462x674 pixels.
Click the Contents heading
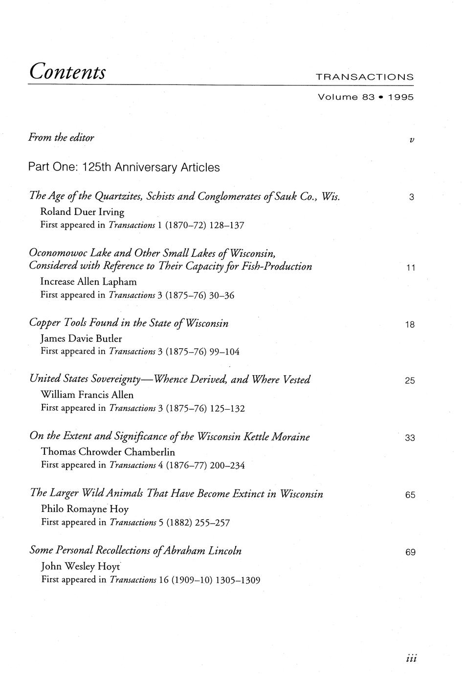(67, 72)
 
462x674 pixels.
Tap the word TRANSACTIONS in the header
(365, 77)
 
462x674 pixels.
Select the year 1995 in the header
(401, 97)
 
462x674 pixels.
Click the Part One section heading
(124, 168)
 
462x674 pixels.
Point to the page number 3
(411, 198)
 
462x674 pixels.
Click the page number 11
(411, 268)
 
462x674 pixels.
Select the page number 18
(410, 324)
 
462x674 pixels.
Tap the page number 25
(410, 381)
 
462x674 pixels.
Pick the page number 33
(410, 438)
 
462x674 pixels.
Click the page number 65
(410, 495)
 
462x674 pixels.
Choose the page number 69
(410, 552)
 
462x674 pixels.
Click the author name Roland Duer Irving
(83, 212)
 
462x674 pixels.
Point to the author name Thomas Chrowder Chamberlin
(108, 452)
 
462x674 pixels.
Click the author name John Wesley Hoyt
(81, 567)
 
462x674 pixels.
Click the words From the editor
(62, 138)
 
